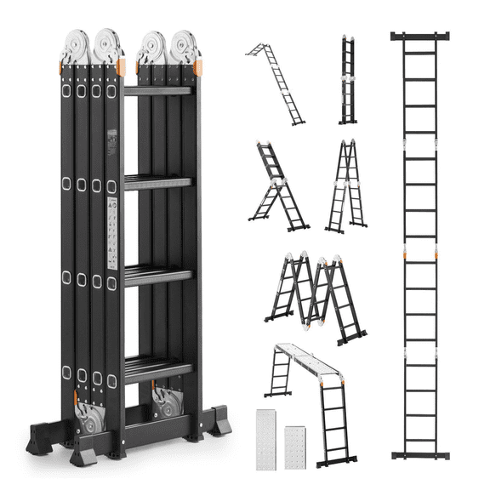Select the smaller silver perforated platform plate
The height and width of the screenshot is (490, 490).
click(x=295, y=447)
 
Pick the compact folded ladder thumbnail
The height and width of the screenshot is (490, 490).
click(x=348, y=80)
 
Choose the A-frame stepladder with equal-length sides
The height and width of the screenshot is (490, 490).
click(x=346, y=187)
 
